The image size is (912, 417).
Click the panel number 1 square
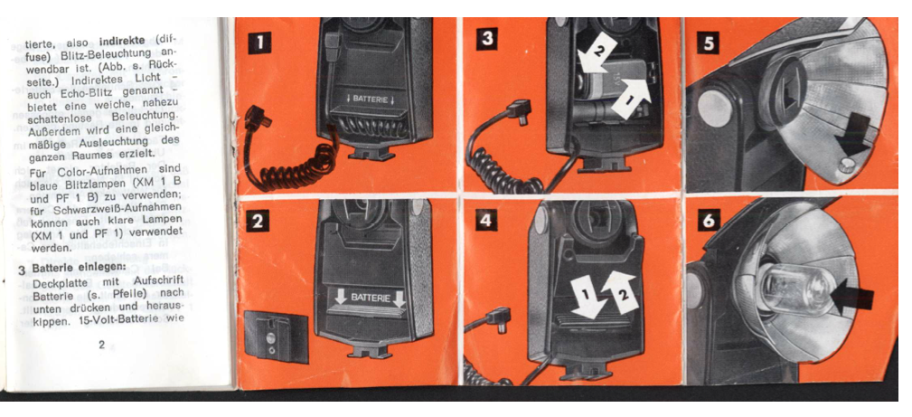pyautogui.click(x=259, y=43)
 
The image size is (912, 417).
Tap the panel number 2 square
pyautogui.click(x=258, y=223)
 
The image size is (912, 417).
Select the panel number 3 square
pyautogui.click(x=485, y=39)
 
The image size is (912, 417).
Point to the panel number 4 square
pyautogui.click(x=485, y=220)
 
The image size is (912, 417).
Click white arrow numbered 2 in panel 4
pyautogui.click(x=619, y=290)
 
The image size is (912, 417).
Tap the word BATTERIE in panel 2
pyautogui.click(x=367, y=297)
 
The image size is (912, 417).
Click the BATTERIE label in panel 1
pyautogui.click(x=370, y=99)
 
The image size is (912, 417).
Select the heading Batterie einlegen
pyautogui.click(x=80, y=269)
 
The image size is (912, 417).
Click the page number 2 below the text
pyautogui.click(x=102, y=345)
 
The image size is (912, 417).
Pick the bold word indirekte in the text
pyautogui.click(x=125, y=42)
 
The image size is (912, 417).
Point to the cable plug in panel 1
pyautogui.click(x=256, y=119)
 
